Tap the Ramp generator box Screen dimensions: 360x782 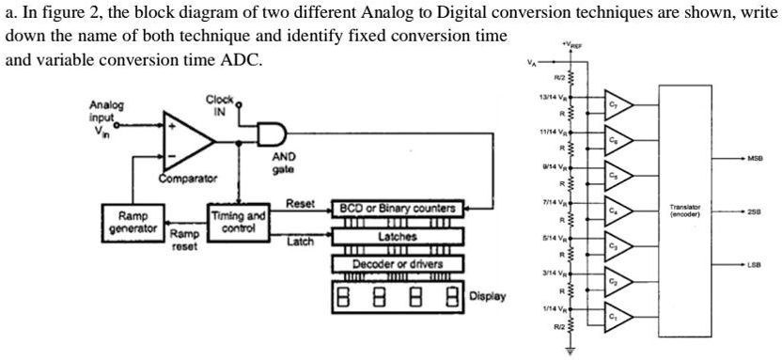133,222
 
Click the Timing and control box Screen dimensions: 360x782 240,222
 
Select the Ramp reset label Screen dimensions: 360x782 183,241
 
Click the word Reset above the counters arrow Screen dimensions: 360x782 300,203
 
